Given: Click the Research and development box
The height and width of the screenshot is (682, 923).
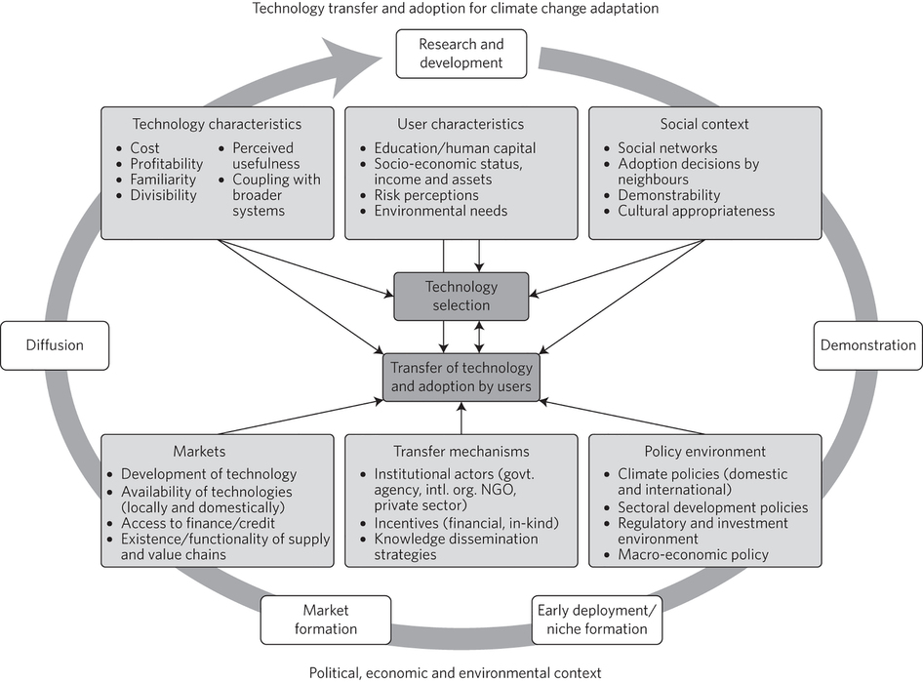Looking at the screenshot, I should point(461,54).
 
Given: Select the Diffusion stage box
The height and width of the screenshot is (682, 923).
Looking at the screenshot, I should point(55,345).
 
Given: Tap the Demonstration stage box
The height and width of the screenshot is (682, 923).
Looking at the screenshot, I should point(867,345).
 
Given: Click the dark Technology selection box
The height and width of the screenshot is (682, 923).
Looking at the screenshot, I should point(461,296).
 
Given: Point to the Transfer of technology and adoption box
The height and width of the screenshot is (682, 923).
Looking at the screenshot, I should point(461,377).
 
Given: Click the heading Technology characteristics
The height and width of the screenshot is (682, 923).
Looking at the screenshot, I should point(217,124).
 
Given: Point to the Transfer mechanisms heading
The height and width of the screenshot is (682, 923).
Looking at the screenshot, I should point(461,452).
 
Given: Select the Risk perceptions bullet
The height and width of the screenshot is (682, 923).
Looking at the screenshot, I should point(427,195).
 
